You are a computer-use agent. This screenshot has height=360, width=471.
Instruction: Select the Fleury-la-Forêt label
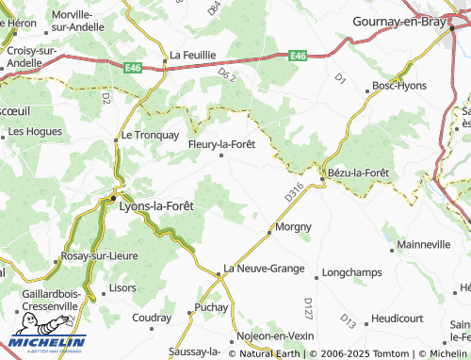222,144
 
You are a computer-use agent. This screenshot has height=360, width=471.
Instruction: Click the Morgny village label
292,227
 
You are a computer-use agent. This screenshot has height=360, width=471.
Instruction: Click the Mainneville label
425,244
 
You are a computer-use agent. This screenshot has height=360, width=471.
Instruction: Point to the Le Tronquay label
150,135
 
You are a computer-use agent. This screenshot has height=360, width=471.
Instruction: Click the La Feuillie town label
193,56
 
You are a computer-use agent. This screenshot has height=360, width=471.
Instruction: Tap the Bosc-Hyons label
399,85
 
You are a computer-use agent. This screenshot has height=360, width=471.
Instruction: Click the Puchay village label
211,307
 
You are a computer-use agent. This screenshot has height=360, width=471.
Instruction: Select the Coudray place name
152,318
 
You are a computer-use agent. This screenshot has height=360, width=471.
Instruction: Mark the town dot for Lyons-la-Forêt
115,199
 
